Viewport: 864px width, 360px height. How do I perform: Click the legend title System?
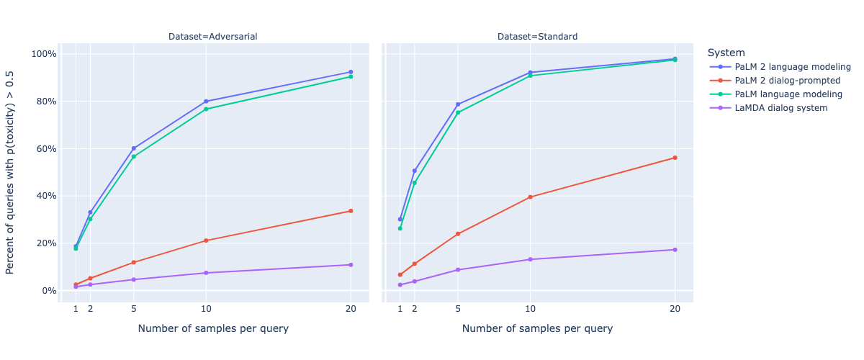[726, 53]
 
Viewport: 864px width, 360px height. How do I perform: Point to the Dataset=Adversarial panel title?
[213, 37]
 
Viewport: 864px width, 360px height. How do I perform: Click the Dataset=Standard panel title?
[537, 37]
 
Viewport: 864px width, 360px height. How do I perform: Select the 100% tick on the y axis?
[44, 54]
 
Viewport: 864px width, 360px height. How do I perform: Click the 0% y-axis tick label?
[49, 291]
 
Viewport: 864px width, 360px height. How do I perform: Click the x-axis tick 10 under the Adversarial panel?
[206, 309]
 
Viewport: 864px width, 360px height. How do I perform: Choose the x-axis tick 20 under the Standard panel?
[675, 309]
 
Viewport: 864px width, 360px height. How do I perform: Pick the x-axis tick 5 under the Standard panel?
[458, 309]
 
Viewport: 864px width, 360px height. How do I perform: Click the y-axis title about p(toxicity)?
[9, 173]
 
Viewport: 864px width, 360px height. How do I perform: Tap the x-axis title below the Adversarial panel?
[213, 328]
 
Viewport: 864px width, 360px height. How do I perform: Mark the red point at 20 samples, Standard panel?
[675, 158]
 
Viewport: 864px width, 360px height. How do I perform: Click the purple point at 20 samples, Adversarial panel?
[351, 265]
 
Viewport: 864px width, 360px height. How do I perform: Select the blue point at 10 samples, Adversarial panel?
[206, 102]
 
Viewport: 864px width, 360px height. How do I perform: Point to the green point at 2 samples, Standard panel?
[415, 183]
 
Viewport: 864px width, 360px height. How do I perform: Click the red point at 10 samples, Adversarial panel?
[206, 240]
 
